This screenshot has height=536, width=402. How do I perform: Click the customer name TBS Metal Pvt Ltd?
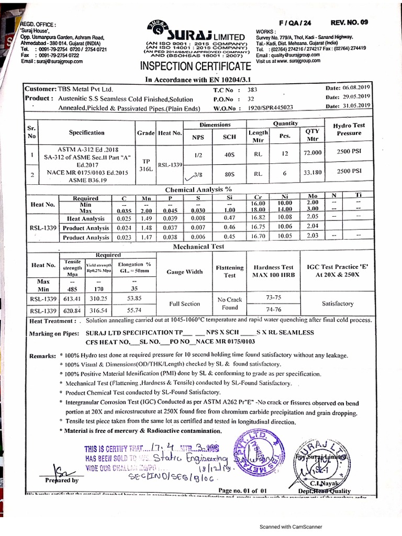point(86,89)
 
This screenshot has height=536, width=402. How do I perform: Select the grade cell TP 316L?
point(146,165)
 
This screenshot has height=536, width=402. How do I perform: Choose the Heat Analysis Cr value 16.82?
point(259,218)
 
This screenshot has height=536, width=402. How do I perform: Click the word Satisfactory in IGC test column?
point(337,304)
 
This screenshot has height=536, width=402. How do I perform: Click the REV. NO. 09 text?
point(349,23)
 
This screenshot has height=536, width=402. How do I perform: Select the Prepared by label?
point(62,479)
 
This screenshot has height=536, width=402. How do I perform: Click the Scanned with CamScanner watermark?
point(292,527)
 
